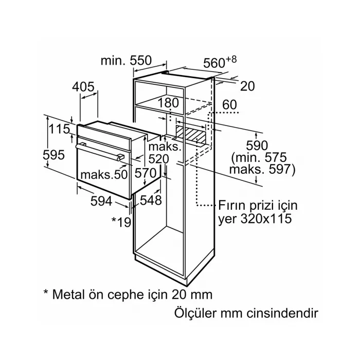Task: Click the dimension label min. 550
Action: point(126,61)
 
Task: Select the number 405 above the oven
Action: point(84,87)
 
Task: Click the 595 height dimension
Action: point(55,154)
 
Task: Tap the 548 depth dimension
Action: point(151,200)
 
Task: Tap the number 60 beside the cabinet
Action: point(229,105)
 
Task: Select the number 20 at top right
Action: point(247,86)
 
